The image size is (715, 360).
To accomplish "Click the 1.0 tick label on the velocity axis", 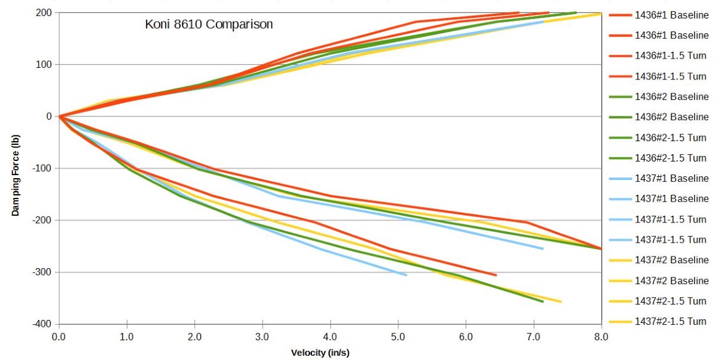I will tap(127, 337).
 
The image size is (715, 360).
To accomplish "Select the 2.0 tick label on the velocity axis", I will tap(195, 337).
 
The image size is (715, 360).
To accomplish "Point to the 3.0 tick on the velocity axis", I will tap(263, 337).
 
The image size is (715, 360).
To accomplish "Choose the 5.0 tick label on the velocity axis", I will tap(398, 337).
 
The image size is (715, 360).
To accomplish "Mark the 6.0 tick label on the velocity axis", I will tap(466, 337).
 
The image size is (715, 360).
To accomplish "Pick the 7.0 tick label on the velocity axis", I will tap(534, 337).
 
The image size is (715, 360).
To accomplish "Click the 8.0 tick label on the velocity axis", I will tap(601, 337).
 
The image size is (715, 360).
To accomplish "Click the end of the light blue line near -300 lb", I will tap(406, 275).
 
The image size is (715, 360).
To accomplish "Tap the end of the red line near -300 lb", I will tap(496, 275).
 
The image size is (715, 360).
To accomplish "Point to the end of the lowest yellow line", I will tap(561, 301).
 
